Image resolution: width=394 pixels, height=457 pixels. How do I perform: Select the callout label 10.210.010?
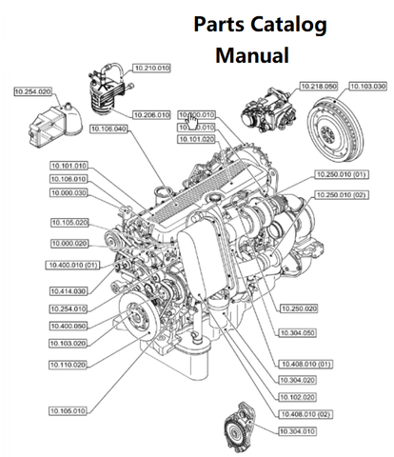[151, 69]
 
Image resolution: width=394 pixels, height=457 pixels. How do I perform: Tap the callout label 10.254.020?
[33, 91]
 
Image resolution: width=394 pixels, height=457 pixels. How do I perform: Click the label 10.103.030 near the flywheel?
[367, 85]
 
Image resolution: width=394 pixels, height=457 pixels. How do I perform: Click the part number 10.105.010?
[69, 410]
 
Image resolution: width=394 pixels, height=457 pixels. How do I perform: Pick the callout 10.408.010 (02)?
[305, 413]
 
